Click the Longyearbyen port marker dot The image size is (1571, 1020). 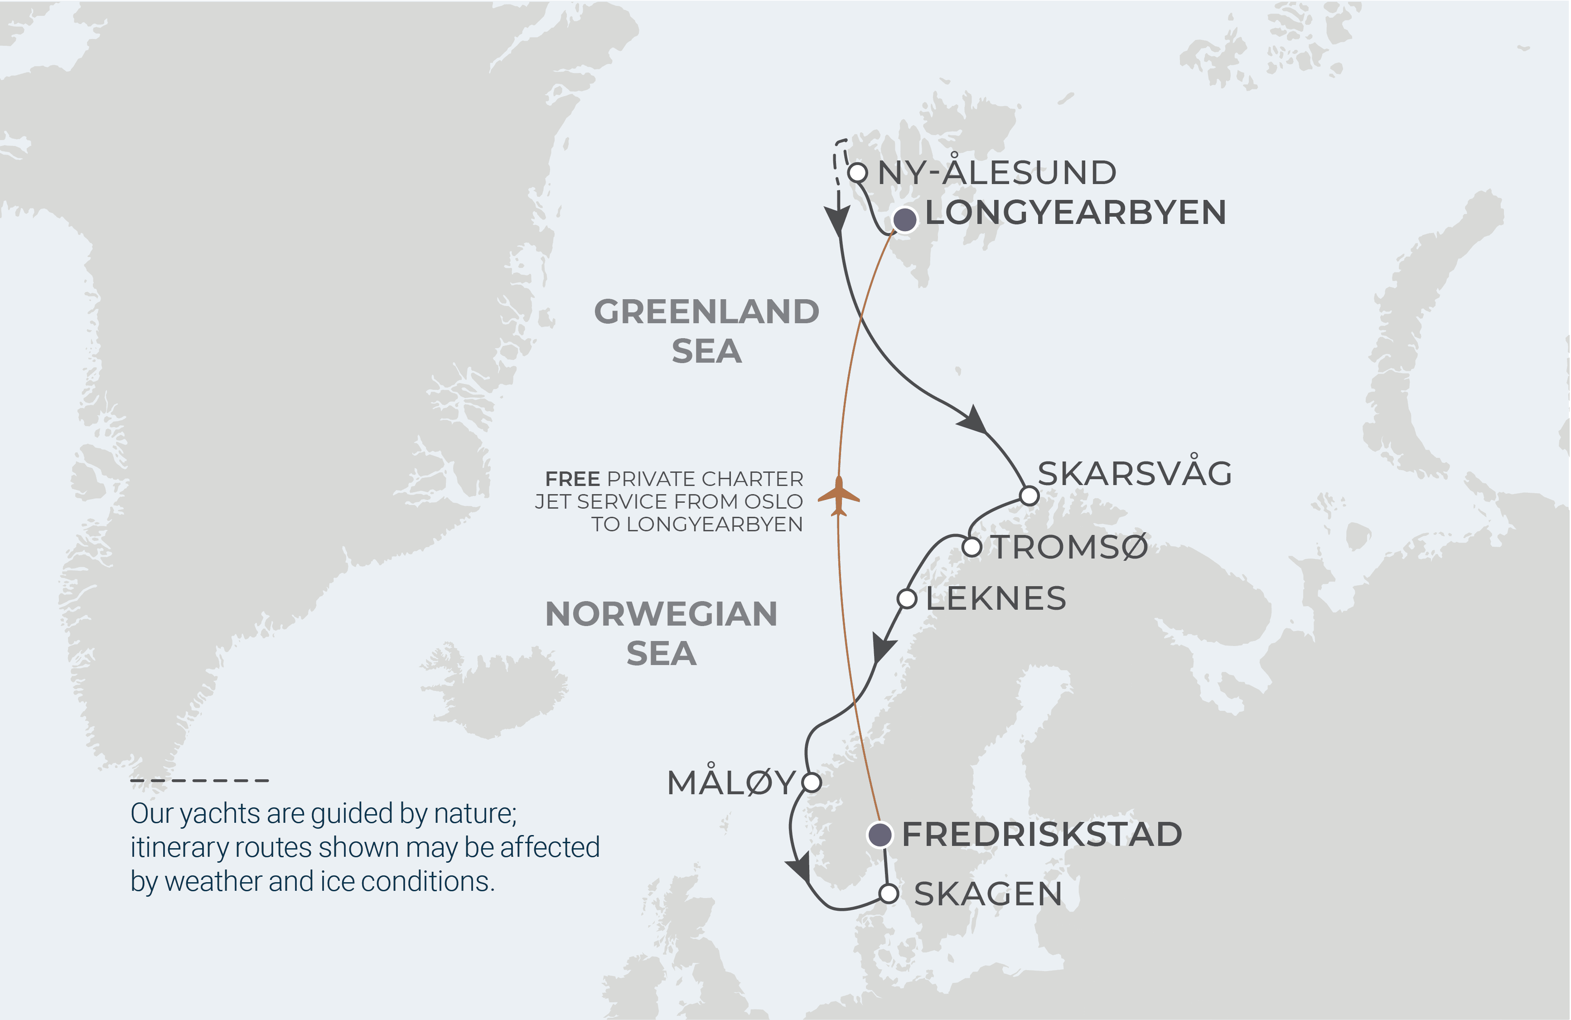[x=904, y=219]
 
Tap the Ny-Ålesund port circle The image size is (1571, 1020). [x=857, y=173]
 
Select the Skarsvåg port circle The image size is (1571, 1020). [x=1029, y=495]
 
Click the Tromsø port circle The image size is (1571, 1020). [x=972, y=547]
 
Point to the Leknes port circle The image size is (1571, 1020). [x=907, y=599]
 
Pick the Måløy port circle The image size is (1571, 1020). [x=811, y=782]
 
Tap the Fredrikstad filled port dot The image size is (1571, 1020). [x=879, y=835]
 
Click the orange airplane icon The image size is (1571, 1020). [x=838, y=496]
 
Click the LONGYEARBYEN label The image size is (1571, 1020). [x=1075, y=213]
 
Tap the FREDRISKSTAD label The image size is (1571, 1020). [x=1042, y=835]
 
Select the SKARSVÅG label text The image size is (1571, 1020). [x=1134, y=473]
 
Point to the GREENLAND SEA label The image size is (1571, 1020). [x=706, y=331]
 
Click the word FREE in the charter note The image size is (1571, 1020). [x=572, y=479]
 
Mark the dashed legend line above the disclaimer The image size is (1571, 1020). [x=199, y=780]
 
